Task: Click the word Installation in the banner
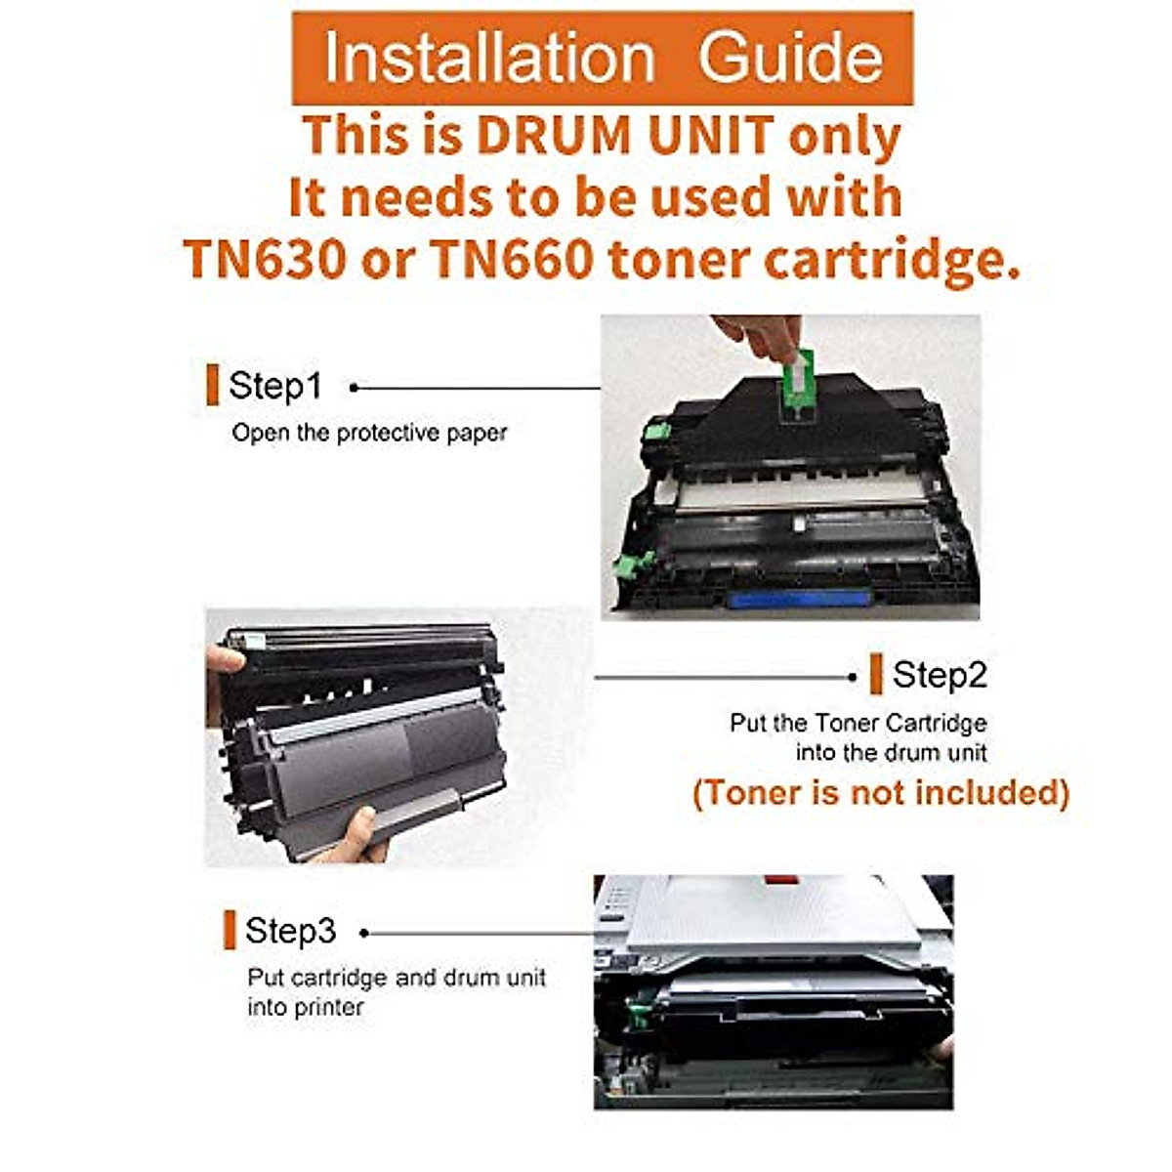click(x=488, y=59)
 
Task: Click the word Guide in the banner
click(x=790, y=59)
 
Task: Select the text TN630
click(x=265, y=260)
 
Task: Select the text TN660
click(x=512, y=260)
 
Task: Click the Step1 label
click(x=274, y=386)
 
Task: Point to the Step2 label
click(x=940, y=675)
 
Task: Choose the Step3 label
click(x=291, y=931)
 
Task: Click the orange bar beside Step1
click(x=212, y=385)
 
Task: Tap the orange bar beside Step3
click(x=230, y=930)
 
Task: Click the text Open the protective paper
click(x=369, y=433)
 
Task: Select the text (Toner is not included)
click(x=881, y=792)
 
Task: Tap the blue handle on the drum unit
click(x=798, y=598)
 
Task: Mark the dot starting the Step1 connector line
click(x=354, y=388)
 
